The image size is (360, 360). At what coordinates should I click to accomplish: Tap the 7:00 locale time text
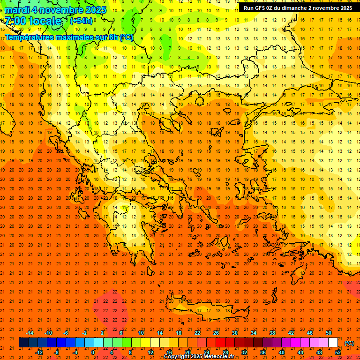point(33,22)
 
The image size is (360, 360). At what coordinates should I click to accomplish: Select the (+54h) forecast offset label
point(81,21)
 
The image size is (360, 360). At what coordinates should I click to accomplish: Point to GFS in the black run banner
point(260,8)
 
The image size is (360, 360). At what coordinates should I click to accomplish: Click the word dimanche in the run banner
point(294,8)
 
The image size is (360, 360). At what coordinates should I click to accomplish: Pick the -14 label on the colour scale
point(30,333)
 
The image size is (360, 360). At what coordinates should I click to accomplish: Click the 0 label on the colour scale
point(93,352)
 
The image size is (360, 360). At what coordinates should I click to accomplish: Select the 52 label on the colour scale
point(338,352)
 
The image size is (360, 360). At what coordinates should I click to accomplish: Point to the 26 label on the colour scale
point(216,333)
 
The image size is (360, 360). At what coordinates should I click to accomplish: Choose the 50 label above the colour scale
point(329,333)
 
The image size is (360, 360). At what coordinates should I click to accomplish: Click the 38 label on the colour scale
point(272,333)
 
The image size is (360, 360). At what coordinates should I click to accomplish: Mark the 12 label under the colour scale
point(150,352)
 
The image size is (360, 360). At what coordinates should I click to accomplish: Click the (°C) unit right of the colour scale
point(349,343)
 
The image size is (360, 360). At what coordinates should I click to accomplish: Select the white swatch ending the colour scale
point(333,343)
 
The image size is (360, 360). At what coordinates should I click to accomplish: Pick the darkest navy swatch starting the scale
point(23,343)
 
